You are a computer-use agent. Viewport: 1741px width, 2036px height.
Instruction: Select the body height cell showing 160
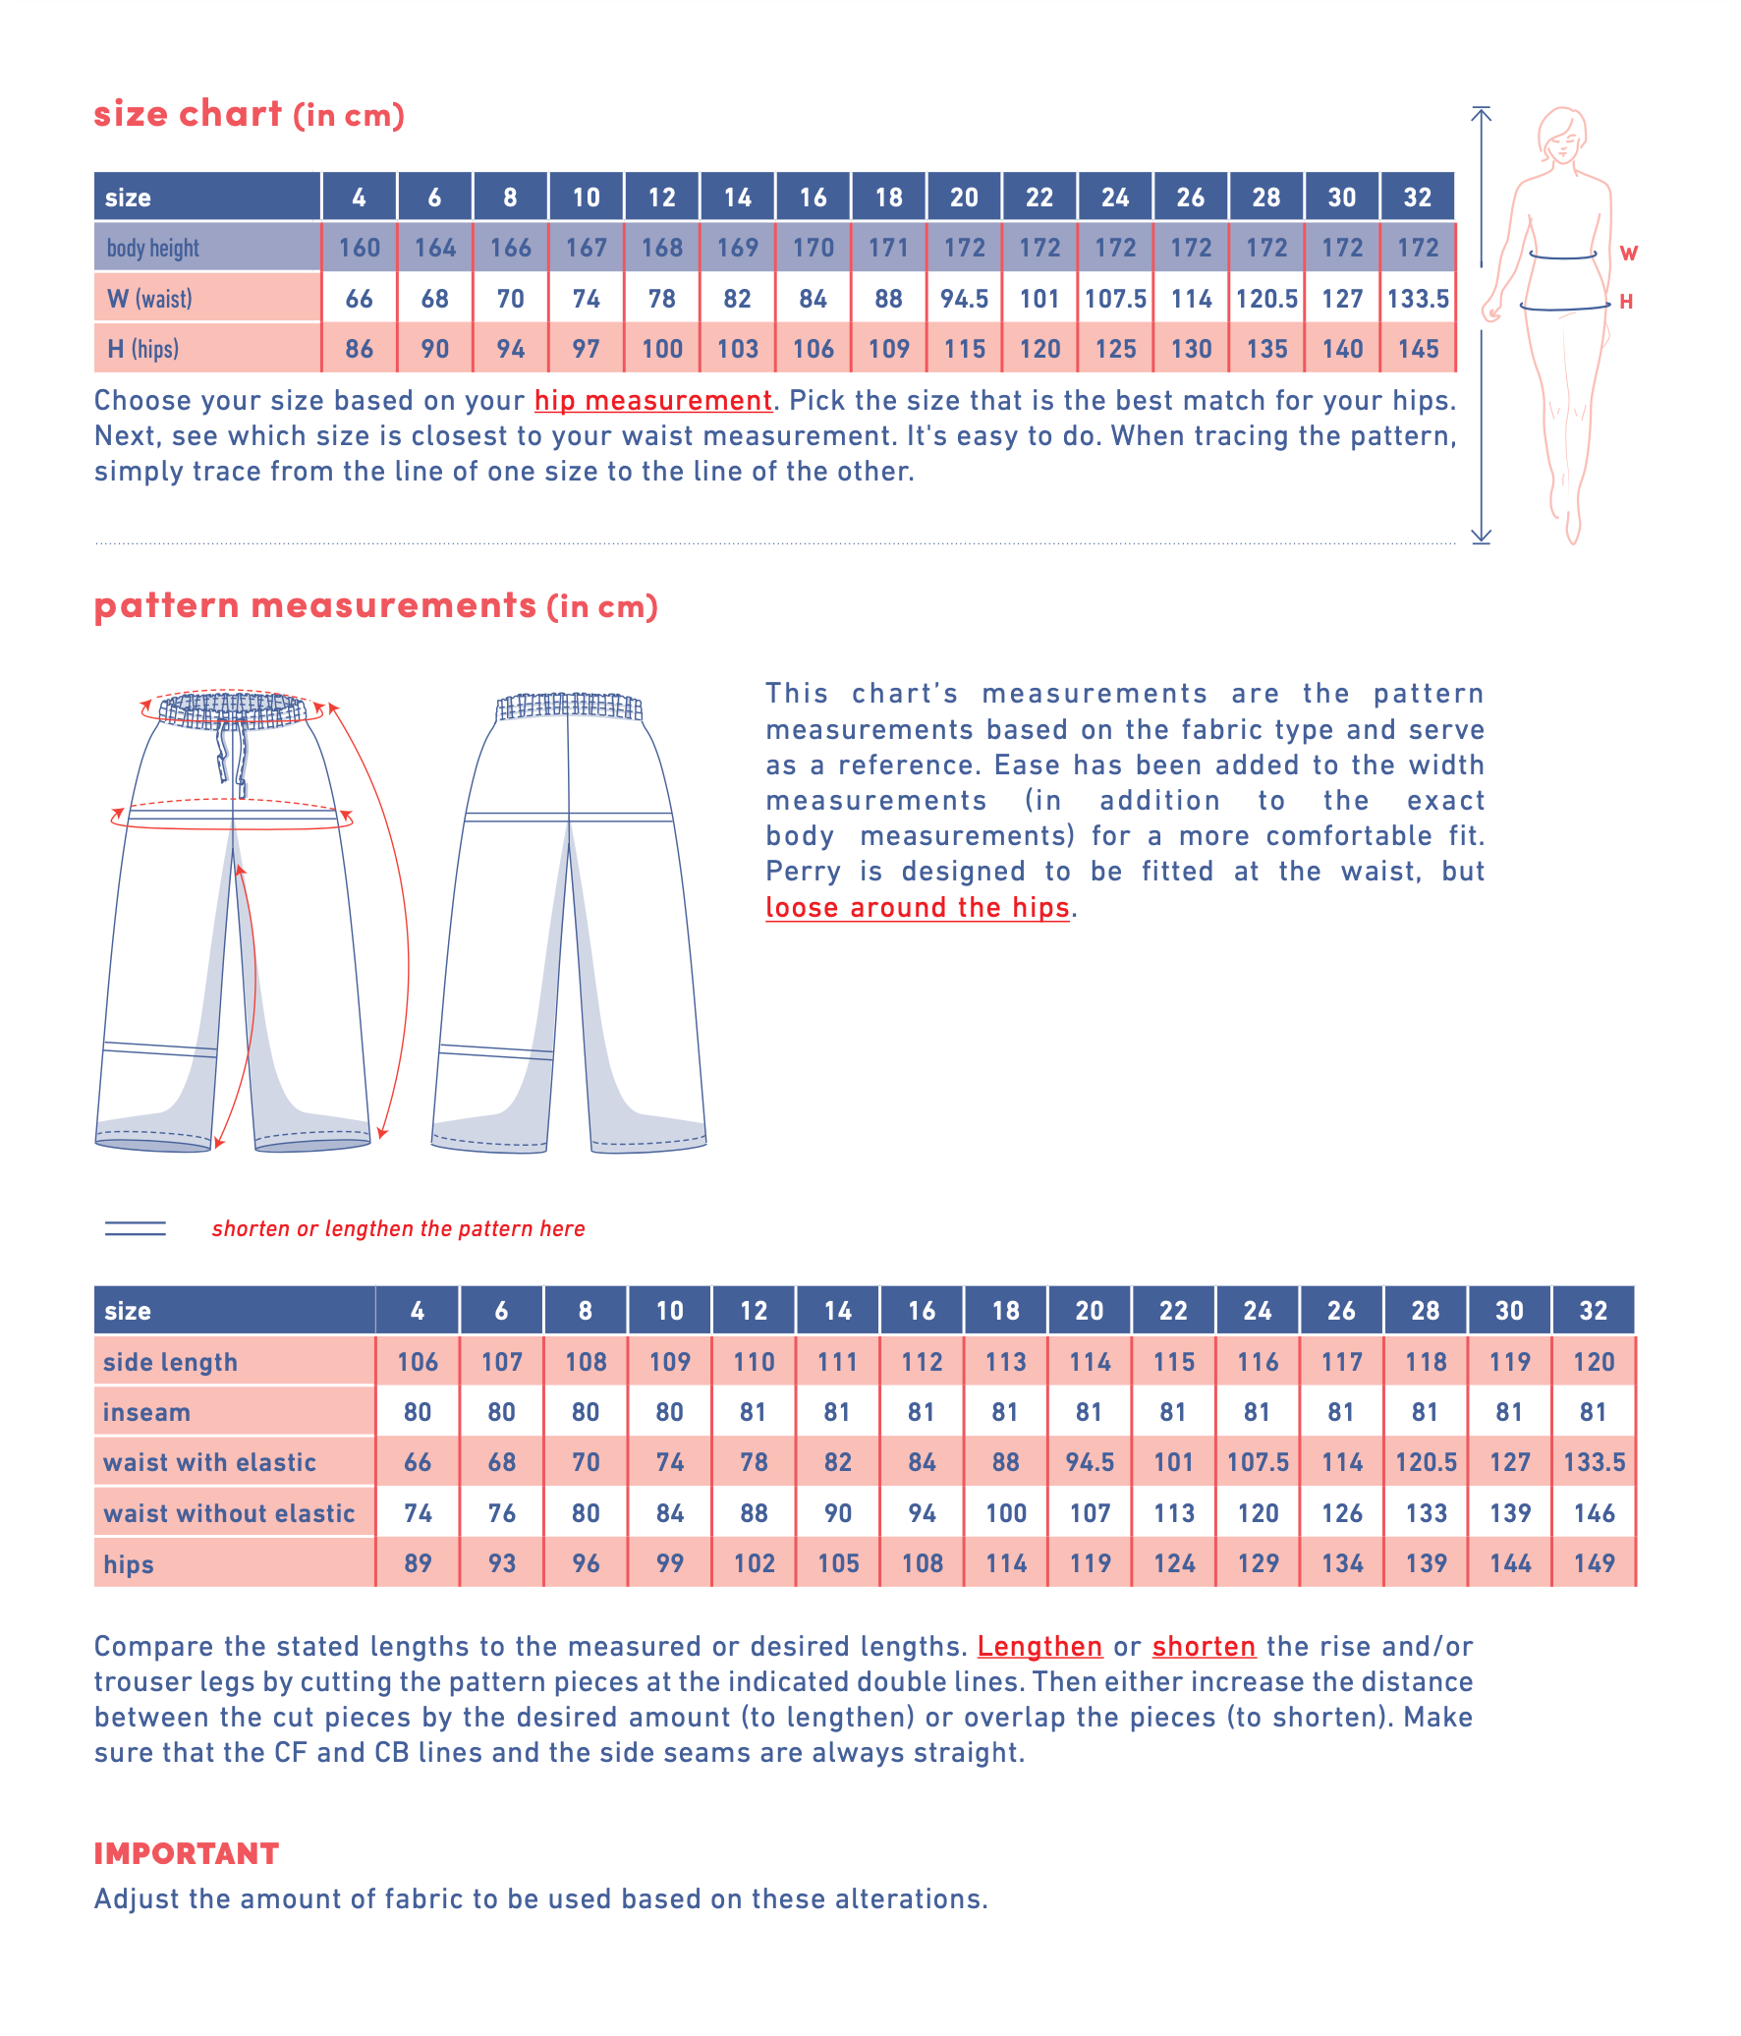pyautogui.click(x=359, y=248)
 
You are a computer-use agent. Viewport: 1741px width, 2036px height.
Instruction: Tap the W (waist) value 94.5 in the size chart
pyautogui.click(x=964, y=299)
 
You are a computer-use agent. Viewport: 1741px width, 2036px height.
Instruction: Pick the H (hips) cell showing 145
pyautogui.click(x=1418, y=349)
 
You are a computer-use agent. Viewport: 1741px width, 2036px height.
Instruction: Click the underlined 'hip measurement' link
pyautogui.click(x=652, y=401)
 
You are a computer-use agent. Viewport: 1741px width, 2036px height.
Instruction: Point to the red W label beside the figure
pyautogui.click(x=1628, y=254)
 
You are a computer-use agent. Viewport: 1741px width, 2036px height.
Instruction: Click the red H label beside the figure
pyautogui.click(x=1626, y=302)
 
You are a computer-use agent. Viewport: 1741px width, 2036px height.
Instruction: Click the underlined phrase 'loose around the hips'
pyautogui.click(x=917, y=907)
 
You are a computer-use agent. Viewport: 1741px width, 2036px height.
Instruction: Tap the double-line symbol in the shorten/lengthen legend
pyautogui.click(x=136, y=1228)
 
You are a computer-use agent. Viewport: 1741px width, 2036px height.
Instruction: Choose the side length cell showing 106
pyautogui.click(x=418, y=1362)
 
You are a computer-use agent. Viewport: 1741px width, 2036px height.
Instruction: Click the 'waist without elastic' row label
pyautogui.click(x=229, y=1513)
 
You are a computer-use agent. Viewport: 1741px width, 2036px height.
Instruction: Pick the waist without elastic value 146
pyautogui.click(x=1594, y=1513)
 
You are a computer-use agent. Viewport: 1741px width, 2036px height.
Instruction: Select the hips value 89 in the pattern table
pyautogui.click(x=418, y=1563)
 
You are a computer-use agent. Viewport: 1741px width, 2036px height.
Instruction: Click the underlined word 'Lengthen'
pyautogui.click(x=1039, y=1647)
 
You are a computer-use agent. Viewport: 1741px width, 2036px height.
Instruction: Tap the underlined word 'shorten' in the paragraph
pyautogui.click(x=1204, y=1647)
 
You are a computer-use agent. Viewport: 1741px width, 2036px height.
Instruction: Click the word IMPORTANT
pyautogui.click(x=187, y=1853)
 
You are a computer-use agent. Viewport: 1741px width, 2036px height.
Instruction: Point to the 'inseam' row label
pyautogui.click(x=147, y=1412)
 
